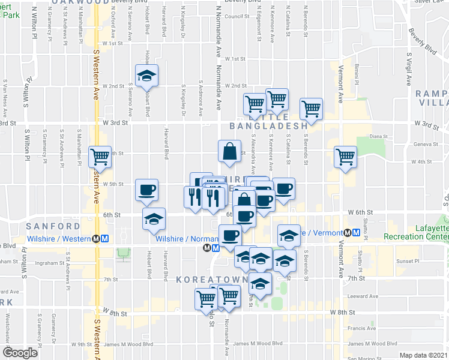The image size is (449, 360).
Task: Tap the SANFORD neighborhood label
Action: click(53, 226)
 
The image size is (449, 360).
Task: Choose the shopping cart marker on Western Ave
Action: click(100, 158)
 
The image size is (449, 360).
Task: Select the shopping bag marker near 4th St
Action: click(231, 152)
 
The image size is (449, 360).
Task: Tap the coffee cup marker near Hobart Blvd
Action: click(146, 190)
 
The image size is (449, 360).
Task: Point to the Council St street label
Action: click(237, 17)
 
